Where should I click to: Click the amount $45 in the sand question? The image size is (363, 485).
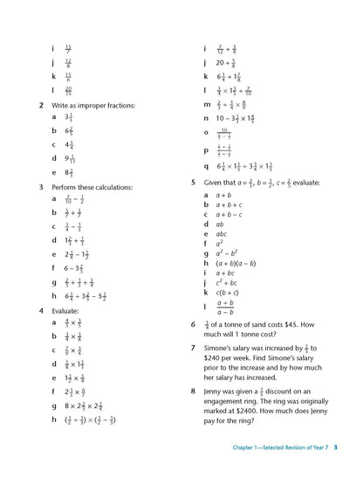[291, 323]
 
